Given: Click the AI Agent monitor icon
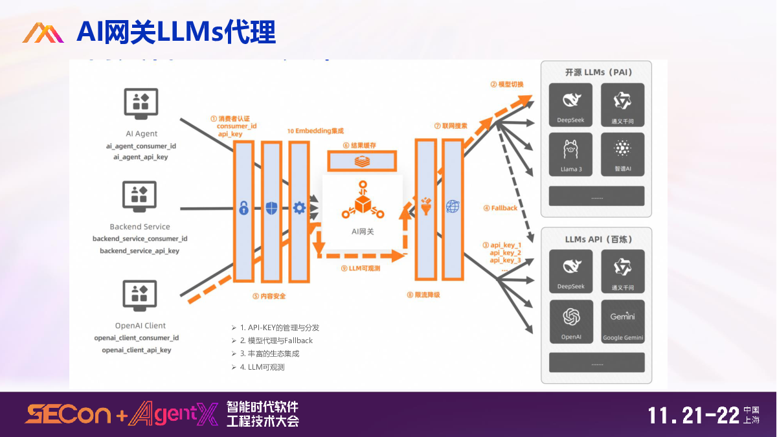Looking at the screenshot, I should [141, 104].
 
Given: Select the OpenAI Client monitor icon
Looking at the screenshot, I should [140, 295].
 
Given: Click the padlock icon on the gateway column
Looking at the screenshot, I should [243, 208].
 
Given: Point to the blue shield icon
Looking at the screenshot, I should [271, 208].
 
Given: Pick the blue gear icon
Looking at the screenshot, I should [299, 208].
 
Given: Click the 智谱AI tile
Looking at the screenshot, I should [622, 155].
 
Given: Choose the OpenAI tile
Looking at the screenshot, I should [571, 321].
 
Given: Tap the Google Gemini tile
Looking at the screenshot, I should [622, 321].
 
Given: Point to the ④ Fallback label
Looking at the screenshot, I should [501, 208].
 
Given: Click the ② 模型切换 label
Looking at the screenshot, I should [507, 84].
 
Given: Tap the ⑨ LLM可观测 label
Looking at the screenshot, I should [360, 267].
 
